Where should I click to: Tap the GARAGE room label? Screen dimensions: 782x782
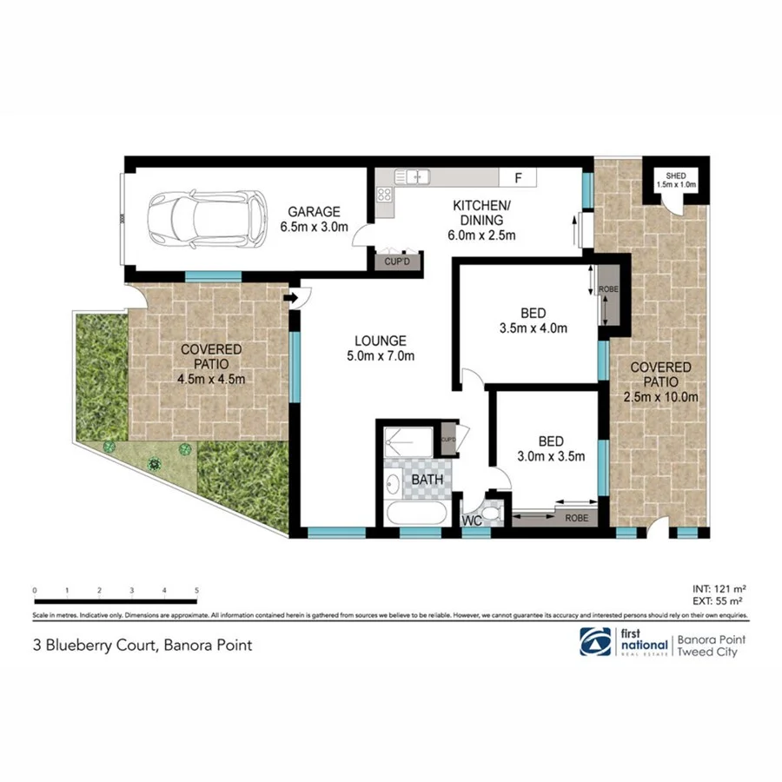point(314,220)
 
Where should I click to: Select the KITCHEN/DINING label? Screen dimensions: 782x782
point(483,220)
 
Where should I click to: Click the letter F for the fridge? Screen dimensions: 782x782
point(518,178)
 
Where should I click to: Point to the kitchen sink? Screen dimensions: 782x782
point(414,176)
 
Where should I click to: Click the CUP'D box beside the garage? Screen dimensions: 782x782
point(397,261)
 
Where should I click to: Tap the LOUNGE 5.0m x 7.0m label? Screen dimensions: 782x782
point(380,348)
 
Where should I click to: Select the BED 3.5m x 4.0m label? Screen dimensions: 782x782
point(533,321)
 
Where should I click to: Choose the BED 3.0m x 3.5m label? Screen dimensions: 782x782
point(551,447)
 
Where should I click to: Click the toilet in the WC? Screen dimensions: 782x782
point(493,514)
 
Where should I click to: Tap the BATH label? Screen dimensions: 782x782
point(427,479)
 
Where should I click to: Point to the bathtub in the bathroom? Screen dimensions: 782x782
point(417,514)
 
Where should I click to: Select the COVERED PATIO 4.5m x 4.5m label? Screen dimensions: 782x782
point(211,364)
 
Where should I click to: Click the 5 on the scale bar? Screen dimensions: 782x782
point(197,590)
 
